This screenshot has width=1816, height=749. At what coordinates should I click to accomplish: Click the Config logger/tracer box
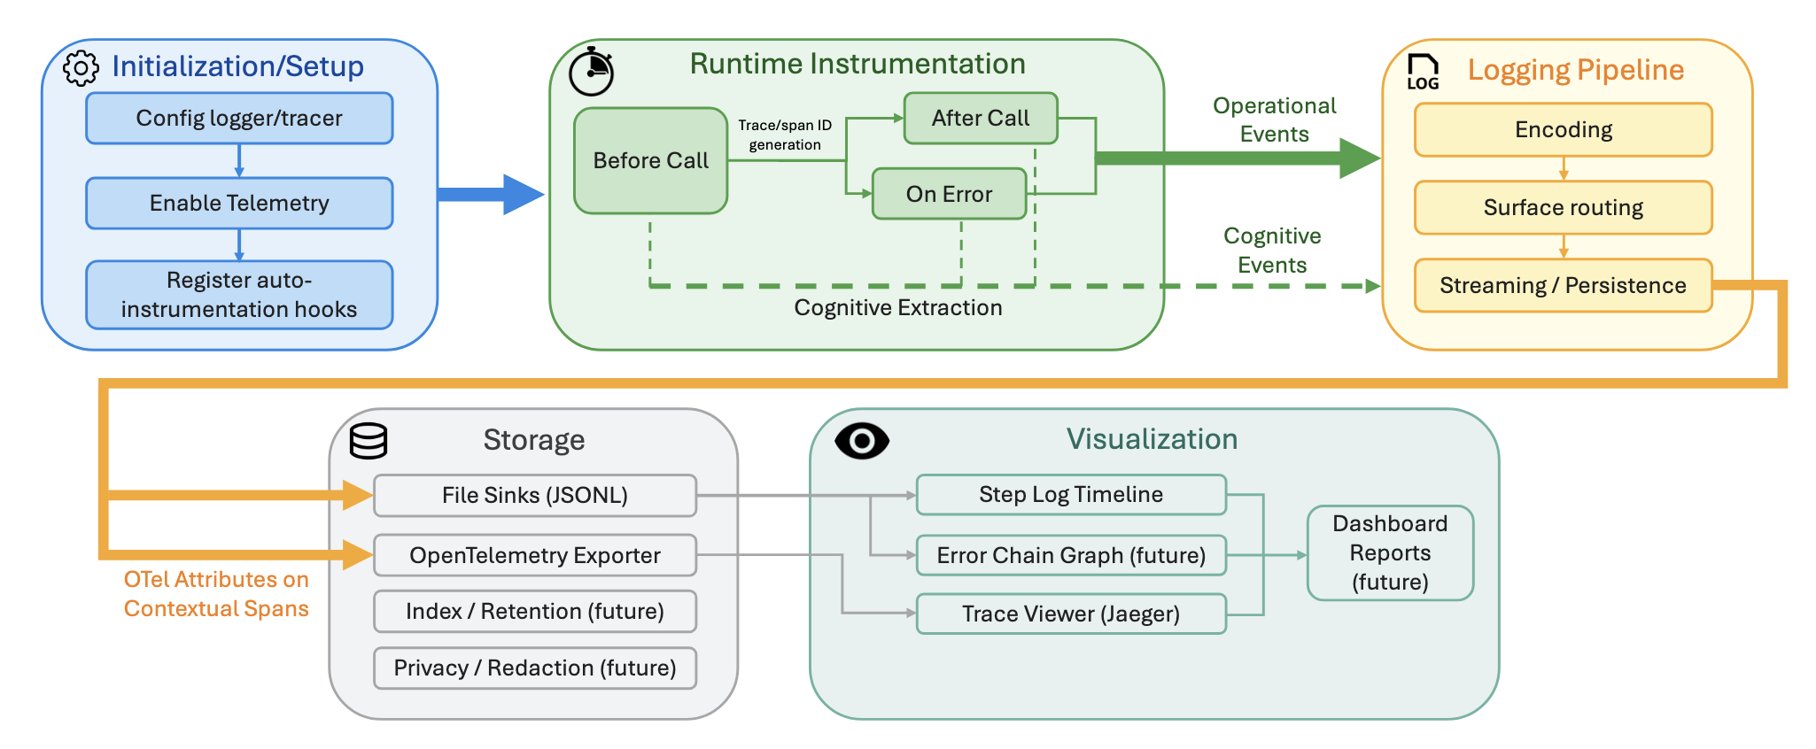pyautogui.click(x=239, y=118)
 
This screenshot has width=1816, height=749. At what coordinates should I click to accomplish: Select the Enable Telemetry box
pyautogui.click(x=239, y=203)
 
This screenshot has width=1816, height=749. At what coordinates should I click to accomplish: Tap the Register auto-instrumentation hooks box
pyautogui.click(x=239, y=295)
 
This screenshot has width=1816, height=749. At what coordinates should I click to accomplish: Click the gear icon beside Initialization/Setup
pyautogui.click(x=81, y=68)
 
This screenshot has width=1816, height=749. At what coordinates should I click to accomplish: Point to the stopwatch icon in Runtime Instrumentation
pyautogui.click(x=591, y=72)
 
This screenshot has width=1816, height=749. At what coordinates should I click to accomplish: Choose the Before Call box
pyautogui.click(x=650, y=160)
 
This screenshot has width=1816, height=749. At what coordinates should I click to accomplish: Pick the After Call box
pyautogui.click(x=980, y=118)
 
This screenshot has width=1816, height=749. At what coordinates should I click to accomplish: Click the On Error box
pyautogui.click(x=949, y=194)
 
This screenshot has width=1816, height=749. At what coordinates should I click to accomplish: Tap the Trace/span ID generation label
pyautogui.click(x=785, y=135)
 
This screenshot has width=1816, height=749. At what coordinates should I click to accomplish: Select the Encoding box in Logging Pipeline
pyautogui.click(x=1563, y=130)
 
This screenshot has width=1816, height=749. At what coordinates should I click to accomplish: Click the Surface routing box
pyautogui.click(x=1563, y=207)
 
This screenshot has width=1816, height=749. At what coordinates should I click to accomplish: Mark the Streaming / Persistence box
pyautogui.click(x=1563, y=285)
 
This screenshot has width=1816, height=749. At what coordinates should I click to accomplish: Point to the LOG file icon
pyautogui.click(x=1423, y=72)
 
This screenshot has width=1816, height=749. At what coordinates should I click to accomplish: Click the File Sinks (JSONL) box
pyautogui.click(x=534, y=495)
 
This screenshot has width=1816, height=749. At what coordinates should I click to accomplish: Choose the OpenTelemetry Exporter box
pyautogui.click(x=534, y=555)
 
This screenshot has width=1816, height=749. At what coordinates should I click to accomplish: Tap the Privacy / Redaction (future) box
pyautogui.click(x=534, y=668)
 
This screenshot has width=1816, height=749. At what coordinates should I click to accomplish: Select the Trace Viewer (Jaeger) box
pyautogui.click(x=1070, y=614)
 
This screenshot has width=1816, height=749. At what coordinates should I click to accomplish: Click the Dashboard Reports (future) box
pyautogui.click(x=1390, y=552)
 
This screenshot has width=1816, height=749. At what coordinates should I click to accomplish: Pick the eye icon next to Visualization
pyautogui.click(x=862, y=441)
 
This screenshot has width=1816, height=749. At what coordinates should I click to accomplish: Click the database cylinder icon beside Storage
pyautogui.click(x=369, y=441)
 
